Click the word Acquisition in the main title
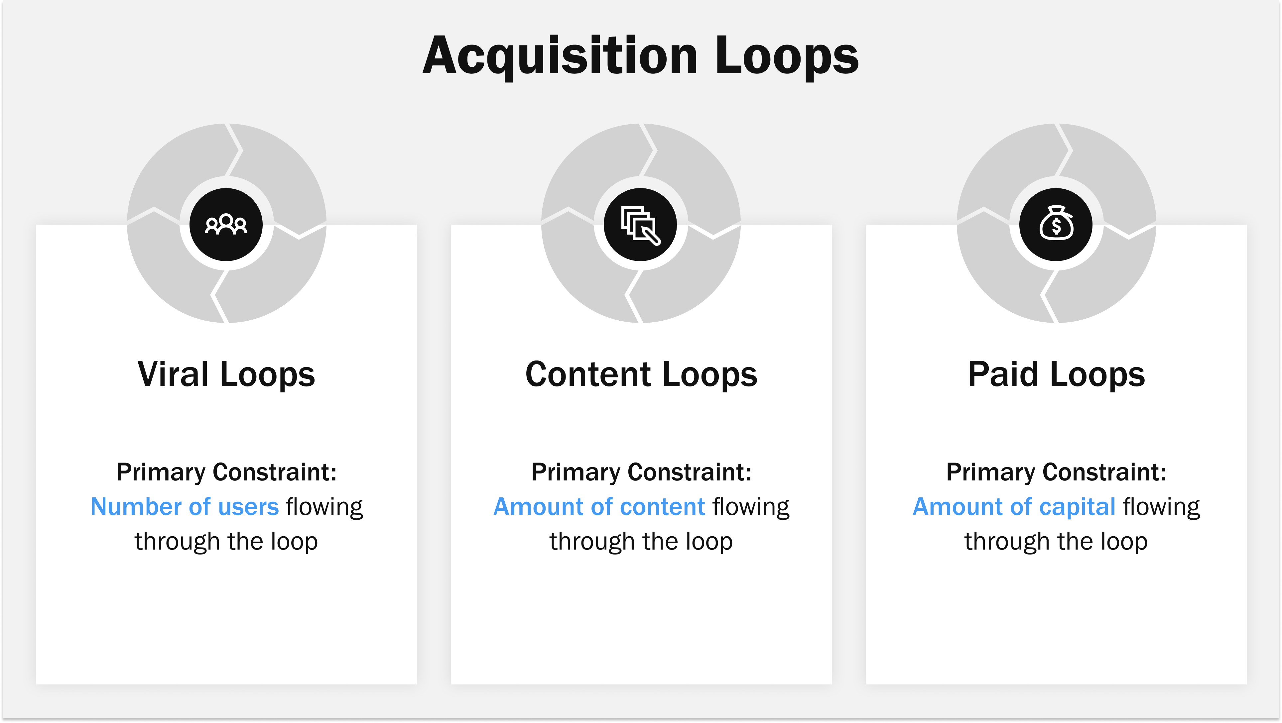(560, 56)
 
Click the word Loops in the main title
(786, 56)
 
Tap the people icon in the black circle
(226, 225)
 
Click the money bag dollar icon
(1056, 225)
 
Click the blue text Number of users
(185, 507)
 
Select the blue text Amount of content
(599, 507)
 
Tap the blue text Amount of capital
(1014, 507)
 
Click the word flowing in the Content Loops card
(750, 507)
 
